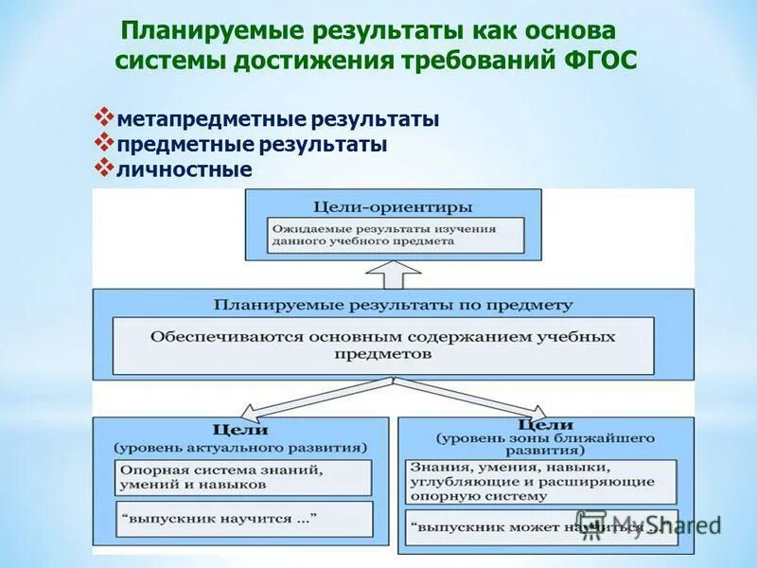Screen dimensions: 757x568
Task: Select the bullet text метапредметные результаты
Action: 278,120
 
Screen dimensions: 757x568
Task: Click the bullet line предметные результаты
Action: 252,145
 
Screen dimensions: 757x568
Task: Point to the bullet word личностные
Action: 185,169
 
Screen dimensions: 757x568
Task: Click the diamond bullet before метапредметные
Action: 104,118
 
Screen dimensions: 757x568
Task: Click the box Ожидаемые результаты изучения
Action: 395,235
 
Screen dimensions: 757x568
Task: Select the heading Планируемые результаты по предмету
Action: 393,305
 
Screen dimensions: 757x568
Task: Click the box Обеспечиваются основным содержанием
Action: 382,345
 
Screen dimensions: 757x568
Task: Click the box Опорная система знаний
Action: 243,476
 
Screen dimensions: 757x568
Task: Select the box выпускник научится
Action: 243,519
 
